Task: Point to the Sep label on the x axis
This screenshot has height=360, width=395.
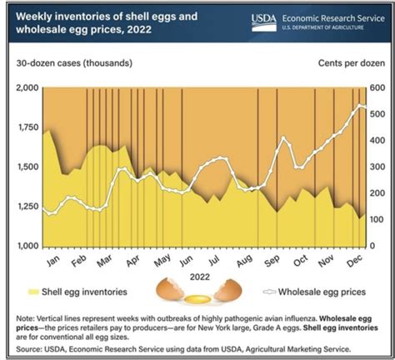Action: click(271, 259)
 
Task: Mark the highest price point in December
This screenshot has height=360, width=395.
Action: click(359, 105)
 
